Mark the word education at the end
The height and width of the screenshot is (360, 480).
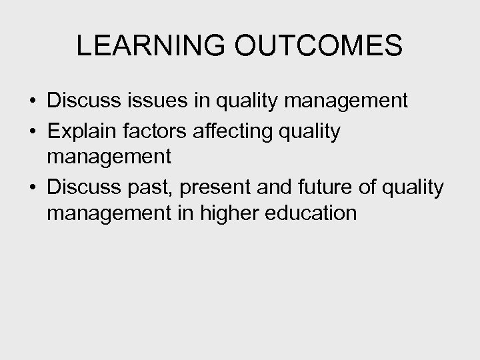pyautogui.click(x=313, y=213)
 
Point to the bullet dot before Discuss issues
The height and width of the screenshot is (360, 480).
pyautogui.click(x=32, y=102)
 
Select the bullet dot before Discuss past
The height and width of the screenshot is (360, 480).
pyautogui.click(x=32, y=189)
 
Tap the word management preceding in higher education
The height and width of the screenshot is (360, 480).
pyautogui.click(x=109, y=215)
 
